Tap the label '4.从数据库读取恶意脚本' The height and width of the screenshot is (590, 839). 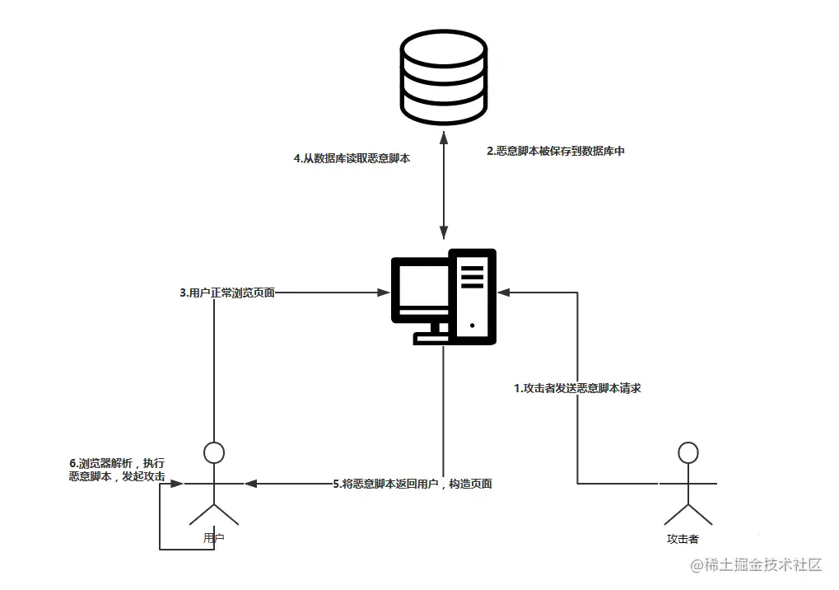pyautogui.click(x=352, y=159)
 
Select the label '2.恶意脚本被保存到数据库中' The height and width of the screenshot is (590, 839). pyautogui.click(x=556, y=152)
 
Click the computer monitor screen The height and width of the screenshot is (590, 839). pyautogui.click(x=420, y=290)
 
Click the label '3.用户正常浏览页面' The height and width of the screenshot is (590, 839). pyautogui.click(x=227, y=292)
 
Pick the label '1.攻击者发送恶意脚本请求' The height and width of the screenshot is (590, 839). pyautogui.click(x=577, y=387)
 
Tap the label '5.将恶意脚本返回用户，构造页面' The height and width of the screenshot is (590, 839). pyautogui.click(x=413, y=484)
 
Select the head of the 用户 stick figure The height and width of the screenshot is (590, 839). pyautogui.click(x=214, y=452)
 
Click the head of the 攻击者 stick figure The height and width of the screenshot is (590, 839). pyautogui.click(x=687, y=452)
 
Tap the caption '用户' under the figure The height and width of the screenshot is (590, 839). pyautogui.click(x=214, y=537)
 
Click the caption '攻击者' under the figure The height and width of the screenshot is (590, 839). pyautogui.click(x=683, y=539)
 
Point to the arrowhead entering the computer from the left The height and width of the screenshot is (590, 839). pyautogui.click(x=383, y=292)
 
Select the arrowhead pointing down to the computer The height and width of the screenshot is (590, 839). pyautogui.click(x=444, y=232)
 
